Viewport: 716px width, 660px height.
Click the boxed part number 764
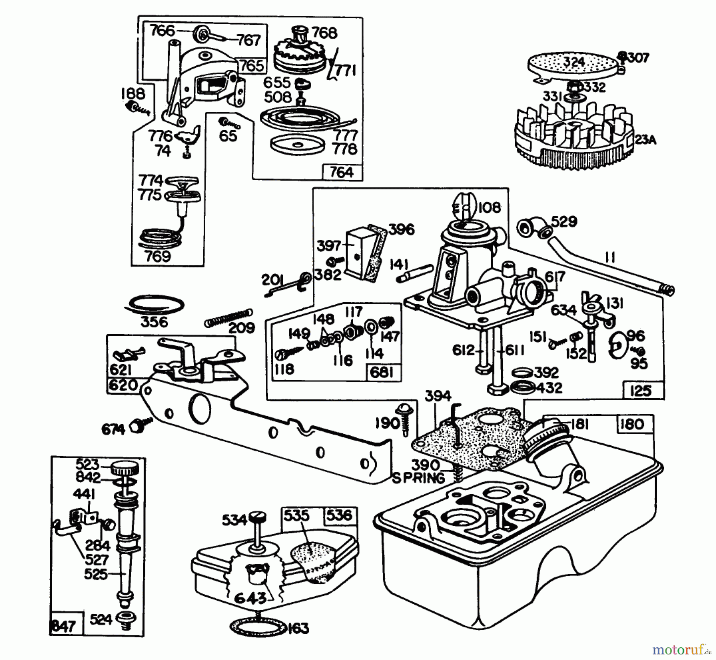(342, 172)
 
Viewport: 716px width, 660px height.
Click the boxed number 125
(642, 390)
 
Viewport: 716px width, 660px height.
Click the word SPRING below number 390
(418, 478)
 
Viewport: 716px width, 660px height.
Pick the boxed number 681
(382, 372)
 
